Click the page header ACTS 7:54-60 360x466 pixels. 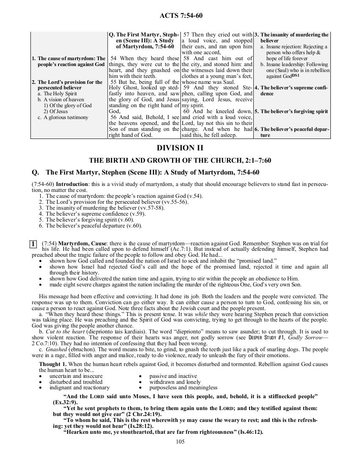tap(180, 16)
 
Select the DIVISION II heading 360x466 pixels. tap(180, 148)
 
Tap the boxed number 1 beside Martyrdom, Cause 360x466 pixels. tap(32, 244)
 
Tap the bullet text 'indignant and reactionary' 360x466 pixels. tap(79, 387)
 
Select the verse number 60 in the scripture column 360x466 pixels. tap(186, 111)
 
